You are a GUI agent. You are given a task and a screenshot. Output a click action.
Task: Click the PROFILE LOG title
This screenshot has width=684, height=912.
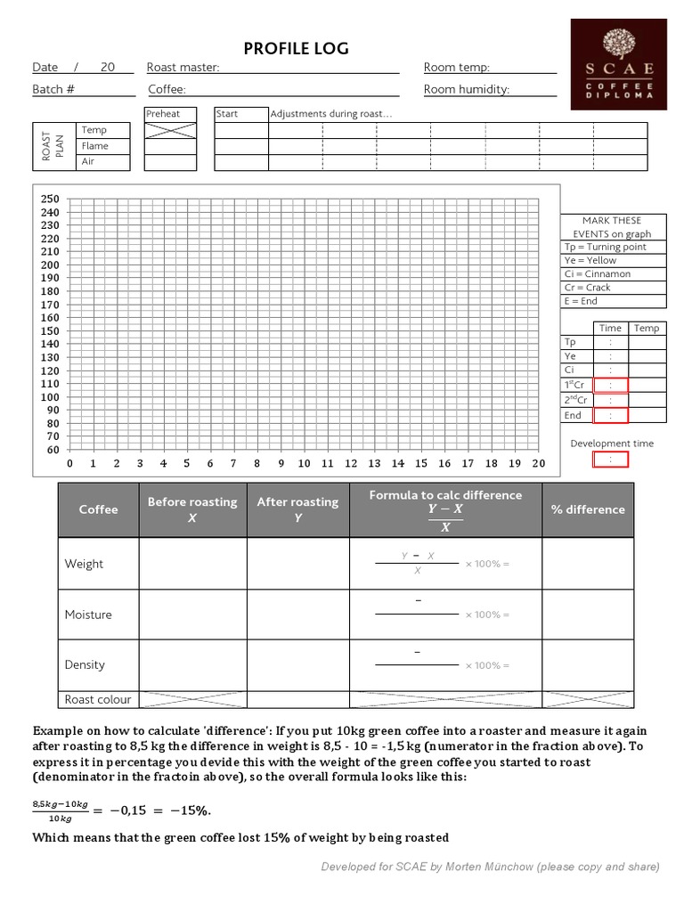click(297, 48)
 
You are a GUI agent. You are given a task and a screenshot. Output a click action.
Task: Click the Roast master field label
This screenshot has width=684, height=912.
click(183, 68)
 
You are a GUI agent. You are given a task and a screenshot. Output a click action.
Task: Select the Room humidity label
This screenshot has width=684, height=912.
click(466, 89)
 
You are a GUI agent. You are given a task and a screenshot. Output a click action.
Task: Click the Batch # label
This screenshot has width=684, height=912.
click(53, 89)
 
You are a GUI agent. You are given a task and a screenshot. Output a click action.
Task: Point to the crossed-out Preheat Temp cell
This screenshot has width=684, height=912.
click(170, 130)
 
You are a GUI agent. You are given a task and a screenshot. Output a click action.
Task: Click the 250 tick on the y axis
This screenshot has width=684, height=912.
click(50, 199)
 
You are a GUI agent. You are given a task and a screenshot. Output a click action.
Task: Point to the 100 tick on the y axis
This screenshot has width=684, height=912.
click(50, 397)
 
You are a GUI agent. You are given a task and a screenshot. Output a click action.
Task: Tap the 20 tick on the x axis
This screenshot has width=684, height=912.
click(538, 464)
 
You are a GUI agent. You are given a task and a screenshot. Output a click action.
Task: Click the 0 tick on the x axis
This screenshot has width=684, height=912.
click(70, 464)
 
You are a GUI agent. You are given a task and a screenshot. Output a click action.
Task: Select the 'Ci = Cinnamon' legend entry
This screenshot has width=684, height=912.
click(597, 274)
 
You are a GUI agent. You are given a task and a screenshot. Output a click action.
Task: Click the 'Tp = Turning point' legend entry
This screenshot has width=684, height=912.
click(606, 248)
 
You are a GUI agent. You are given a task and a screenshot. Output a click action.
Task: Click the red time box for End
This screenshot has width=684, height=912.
click(610, 415)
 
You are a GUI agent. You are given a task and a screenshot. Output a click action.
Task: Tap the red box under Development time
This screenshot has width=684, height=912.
click(610, 460)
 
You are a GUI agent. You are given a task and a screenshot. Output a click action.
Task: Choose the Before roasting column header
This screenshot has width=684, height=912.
click(192, 509)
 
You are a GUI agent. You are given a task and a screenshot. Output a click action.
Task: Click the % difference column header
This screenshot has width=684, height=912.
click(588, 509)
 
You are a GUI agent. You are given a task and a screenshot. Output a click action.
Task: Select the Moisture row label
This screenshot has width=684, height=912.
click(88, 615)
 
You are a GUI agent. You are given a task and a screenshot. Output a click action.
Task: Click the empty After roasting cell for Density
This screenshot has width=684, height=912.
click(297, 665)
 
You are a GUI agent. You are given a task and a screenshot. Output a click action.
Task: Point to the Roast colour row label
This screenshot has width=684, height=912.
click(98, 699)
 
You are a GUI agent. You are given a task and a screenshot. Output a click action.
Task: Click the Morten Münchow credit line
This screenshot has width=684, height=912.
click(490, 867)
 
